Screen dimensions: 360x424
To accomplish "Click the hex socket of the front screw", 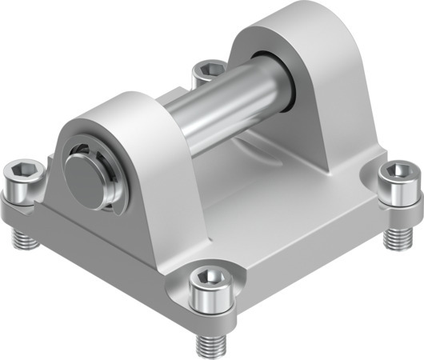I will (210, 276).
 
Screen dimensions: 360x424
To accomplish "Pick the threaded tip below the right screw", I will (394, 237).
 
